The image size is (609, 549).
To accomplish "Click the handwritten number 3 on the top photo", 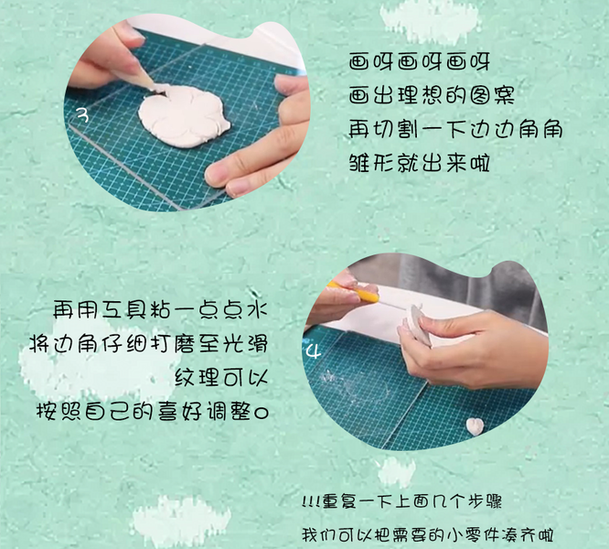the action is [x=82, y=114].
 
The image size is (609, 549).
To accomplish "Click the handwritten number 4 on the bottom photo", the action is [x=314, y=351].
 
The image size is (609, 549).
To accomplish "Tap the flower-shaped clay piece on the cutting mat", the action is [x=184, y=115].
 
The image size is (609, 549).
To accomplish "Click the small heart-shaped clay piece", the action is [x=475, y=426].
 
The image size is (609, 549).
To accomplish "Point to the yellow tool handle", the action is [x=354, y=291].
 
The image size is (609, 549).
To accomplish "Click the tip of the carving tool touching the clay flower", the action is [x=152, y=87].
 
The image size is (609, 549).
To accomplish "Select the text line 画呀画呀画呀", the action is [x=419, y=62].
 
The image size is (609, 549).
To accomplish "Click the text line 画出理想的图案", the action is [x=432, y=95].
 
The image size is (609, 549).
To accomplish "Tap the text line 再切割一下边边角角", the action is [x=455, y=129].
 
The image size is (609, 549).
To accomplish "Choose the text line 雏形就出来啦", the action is [x=419, y=162].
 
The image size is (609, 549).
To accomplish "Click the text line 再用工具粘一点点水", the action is [x=160, y=309].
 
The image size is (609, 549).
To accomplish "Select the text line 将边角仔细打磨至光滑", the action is [x=149, y=343].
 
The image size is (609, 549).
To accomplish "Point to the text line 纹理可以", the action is [x=221, y=377].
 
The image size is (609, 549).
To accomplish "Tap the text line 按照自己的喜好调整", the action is [x=152, y=411].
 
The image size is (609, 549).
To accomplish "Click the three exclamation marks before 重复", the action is [x=310, y=502].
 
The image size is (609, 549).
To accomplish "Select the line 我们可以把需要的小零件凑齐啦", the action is [x=428, y=535].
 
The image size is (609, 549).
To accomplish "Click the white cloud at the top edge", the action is [x=429, y=20].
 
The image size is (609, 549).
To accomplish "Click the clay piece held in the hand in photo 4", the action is [x=415, y=324].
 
